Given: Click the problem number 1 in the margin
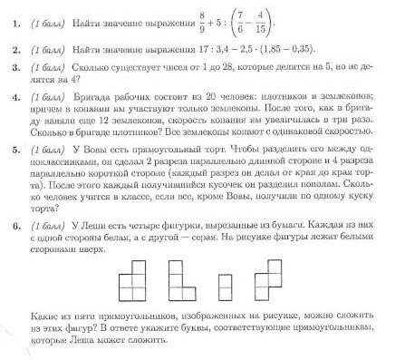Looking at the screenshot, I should [x=12, y=18].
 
